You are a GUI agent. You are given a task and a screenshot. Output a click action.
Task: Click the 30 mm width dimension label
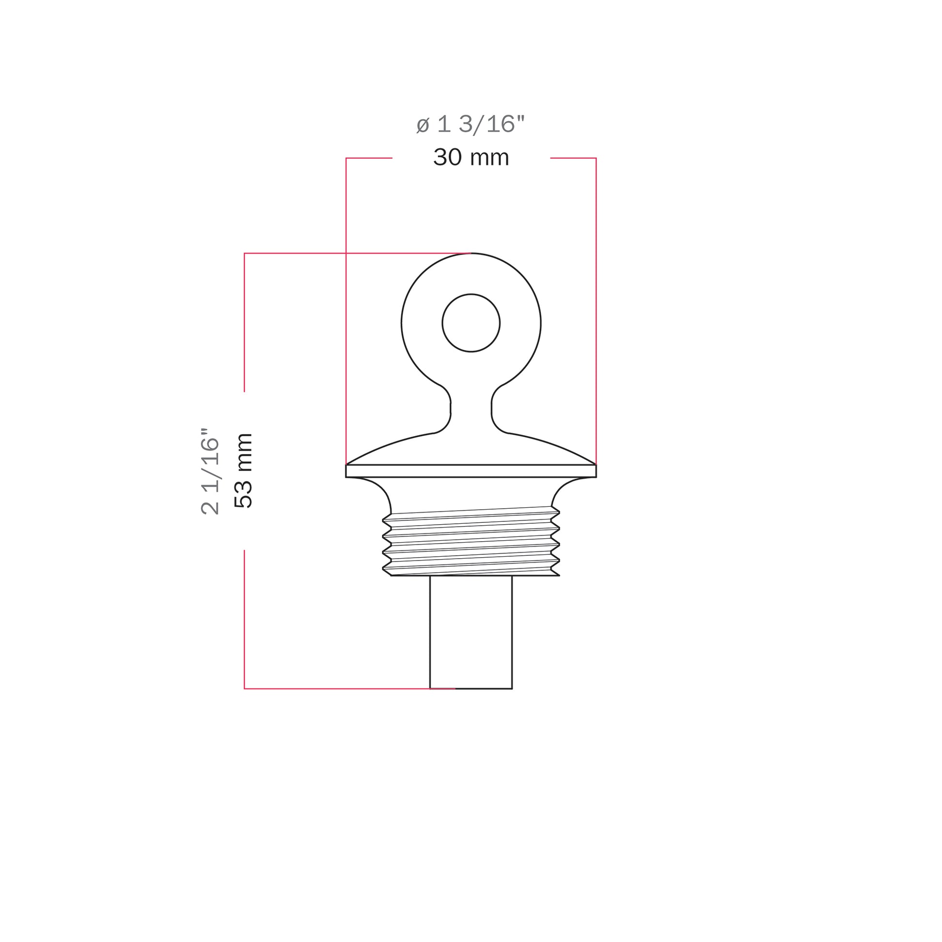pos(471,157)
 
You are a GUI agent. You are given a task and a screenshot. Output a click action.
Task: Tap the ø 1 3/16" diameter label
pos(471,124)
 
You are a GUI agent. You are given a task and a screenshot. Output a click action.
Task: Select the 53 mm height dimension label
pos(243,471)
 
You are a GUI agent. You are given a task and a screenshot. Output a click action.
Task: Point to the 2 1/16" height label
pos(210,471)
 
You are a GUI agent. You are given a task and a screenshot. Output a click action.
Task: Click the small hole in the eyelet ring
pos(471,323)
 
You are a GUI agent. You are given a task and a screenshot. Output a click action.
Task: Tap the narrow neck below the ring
pos(471,408)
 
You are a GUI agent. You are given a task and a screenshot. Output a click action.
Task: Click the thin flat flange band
pos(471,471)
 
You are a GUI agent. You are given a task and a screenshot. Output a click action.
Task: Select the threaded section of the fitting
pos(471,541)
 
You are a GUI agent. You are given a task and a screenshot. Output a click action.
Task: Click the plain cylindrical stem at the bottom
pos(471,632)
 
